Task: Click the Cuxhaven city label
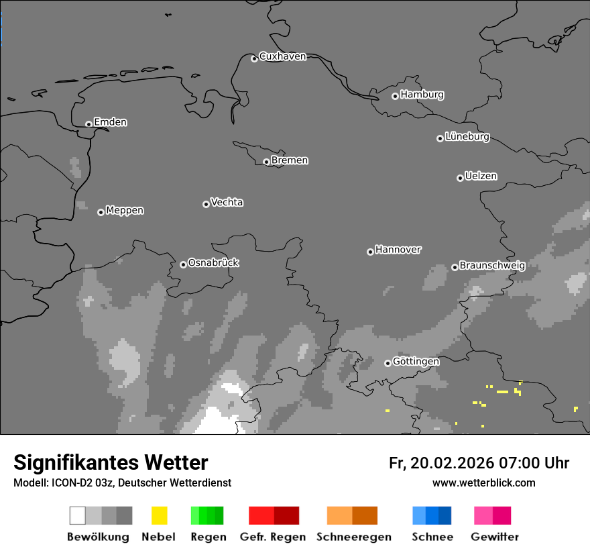(x=282, y=56)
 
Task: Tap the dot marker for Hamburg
(x=395, y=96)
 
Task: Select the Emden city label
(x=110, y=122)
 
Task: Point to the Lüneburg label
(x=467, y=137)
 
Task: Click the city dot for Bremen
(x=266, y=162)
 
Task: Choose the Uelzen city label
(x=481, y=176)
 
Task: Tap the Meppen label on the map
(x=125, y=211)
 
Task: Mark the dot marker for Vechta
(x=206, y=204)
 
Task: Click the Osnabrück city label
(x=213, y=263)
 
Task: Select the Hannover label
(x=398, y=250)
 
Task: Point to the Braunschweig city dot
(x=455, y=267)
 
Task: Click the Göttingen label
(x=416, y=362)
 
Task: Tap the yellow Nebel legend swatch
(x=159, y=515)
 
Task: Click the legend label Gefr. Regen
(x=272, y=537)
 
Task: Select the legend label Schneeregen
(x=353, y=537)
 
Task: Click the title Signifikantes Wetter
(x=111, y=462)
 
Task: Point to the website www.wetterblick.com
(x=483, y=483)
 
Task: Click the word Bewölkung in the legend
(x=98, y=537)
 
